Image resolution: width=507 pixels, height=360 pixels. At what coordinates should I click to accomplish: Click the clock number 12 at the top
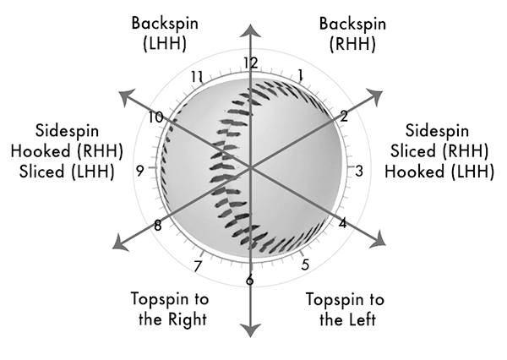(249, 63)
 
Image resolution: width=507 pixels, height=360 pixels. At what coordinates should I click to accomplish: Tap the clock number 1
(301, 75)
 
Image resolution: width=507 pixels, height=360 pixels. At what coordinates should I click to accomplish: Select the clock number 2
(344, 116)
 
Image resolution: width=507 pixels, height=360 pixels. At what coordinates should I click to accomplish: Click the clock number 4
(342, 224)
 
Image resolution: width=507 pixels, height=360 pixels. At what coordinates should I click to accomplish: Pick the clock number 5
(304, 264)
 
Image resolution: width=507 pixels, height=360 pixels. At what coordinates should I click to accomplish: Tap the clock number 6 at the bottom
(249, 281)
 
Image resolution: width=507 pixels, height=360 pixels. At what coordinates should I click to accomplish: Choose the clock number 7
(198, 267)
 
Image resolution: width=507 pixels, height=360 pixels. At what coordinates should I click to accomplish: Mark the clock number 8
(158, 225)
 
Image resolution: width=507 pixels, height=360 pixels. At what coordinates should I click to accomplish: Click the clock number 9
(139, 169)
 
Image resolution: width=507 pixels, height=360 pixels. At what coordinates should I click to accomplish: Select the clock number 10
(155, 117)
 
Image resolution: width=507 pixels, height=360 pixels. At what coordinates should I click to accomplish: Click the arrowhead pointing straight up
(251, 30)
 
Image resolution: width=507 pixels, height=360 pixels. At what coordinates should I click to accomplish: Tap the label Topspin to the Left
(340, 309)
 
